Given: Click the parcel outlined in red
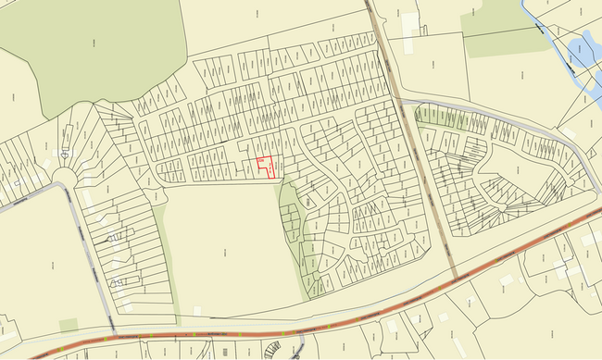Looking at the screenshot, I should pos(265,167).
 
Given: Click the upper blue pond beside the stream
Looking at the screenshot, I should pos(583,46).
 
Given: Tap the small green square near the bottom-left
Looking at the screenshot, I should pos(68,324).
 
